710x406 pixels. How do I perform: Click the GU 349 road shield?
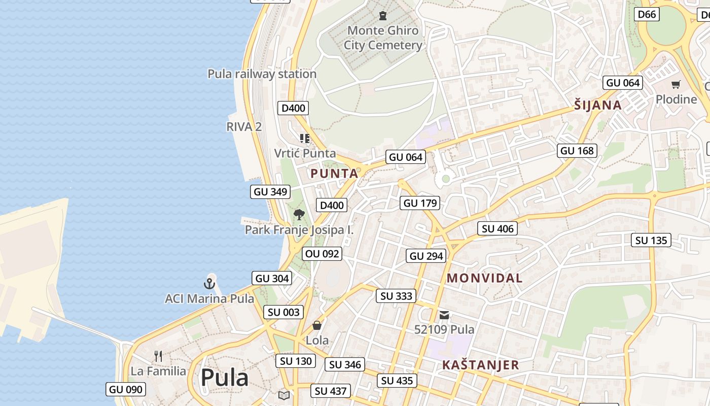[271, 192]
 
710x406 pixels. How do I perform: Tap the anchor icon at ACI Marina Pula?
[209, 284]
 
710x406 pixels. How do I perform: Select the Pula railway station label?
[262, 74]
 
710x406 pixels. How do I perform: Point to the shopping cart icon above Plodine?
[676, 84]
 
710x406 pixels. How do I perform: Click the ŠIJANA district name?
[598, 105]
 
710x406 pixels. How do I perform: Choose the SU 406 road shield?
[498, 229]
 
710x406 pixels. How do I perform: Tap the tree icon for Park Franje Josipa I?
[299, 215]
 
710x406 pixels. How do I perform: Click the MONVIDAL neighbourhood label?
[485, 278]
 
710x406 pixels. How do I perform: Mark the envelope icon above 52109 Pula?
[444, 315]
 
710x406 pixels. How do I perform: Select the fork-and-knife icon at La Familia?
[158, 356]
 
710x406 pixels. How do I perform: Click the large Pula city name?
[224, 378]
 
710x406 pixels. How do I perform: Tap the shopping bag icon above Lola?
[317, 325]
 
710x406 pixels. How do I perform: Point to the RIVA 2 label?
[244, 127]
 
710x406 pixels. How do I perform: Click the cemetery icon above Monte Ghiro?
[383, 16]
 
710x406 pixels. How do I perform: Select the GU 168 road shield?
[577, 151]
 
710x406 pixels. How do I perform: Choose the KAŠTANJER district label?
[480, 365]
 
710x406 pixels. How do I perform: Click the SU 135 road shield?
[651, 240]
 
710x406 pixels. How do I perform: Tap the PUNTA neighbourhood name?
[334, 174]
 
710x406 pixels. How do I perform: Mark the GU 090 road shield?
[126, 390]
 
